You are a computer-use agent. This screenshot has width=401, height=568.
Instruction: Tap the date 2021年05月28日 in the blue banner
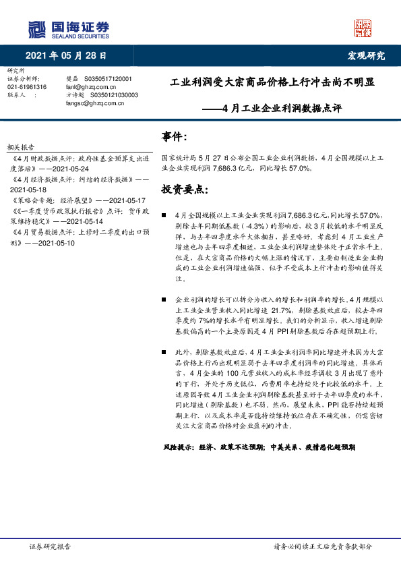coord(66,55)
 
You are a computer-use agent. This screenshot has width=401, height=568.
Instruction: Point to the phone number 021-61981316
coord(27,87)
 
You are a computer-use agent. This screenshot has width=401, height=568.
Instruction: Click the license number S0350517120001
coord(107,79)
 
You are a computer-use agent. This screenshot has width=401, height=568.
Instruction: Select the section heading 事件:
coord(174,138)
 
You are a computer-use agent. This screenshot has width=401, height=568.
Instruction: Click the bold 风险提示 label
coord(178,447)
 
